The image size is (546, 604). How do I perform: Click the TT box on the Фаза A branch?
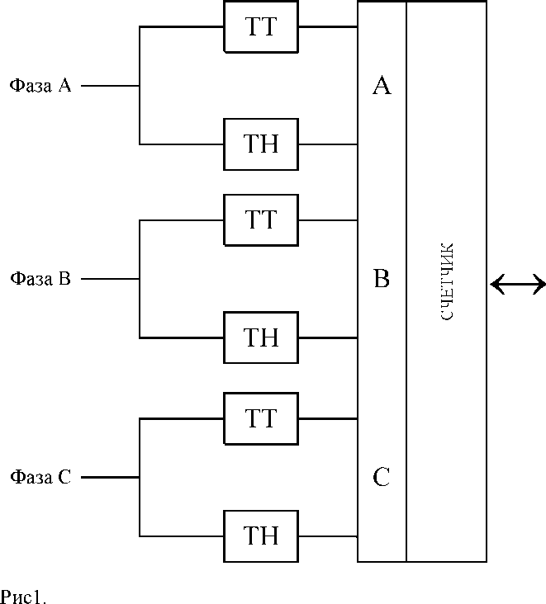coord(261,26)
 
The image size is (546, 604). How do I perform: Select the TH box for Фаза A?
coord(261,144)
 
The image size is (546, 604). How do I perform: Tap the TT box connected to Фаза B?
coord(261,220)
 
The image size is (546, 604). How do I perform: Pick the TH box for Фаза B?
coord(261,337)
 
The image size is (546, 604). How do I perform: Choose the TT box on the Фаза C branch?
coord(261,418)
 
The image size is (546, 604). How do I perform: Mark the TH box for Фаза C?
coord(261,536)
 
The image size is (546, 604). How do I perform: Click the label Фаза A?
coord(40,85)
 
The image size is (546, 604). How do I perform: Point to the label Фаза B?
coord(40,279)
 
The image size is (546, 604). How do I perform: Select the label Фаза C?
coord(40,477)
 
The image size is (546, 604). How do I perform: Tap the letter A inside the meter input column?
coord(381,86)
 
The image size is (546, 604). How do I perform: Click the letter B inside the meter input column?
coord(381,280)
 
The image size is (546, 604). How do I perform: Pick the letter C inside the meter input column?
coord(381,478)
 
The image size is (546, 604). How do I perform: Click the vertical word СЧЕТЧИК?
coord(446,281)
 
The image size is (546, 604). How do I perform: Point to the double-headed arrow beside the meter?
coord(518,285)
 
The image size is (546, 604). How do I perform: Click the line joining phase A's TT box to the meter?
coord(328,26)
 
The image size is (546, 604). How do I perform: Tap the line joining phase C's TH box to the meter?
coord(328,536)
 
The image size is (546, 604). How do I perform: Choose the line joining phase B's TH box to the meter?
coord(328,337)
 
